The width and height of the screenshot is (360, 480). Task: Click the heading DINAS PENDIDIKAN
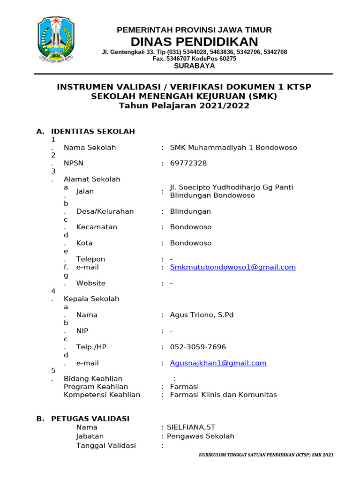pyautogui.click(x=194, y=41)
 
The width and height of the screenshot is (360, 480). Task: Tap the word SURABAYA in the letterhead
pyautogui.click(x=194, y=66)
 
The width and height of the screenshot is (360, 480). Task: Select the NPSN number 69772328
pyautogui.click(x=188, y=163)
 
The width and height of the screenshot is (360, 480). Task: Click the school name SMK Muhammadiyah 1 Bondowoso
pyautogui.click(x=233, y=148)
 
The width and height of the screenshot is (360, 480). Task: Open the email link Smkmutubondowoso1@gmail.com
pyautogui.click(x=232, y=267)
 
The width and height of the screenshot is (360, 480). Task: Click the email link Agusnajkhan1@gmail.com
pyautogui.click(x=218, y=363)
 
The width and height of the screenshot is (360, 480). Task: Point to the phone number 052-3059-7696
pyautogui.click(x=197, y=347)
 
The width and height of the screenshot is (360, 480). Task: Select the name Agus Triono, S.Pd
pyautogui.click(x=202, y=315)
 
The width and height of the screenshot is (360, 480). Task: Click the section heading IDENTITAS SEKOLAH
pyautogui.click(x=93, y=131)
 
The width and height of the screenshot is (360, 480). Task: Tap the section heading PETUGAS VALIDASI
pyautogui.click(x=90, y=419)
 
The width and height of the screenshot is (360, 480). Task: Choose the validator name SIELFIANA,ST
pyautogui.click(x=187, y=427)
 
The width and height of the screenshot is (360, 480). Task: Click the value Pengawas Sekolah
pyautogui.click(x=197, y=436)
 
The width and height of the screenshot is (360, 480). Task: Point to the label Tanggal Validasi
pyautogui.click(x=106, y=445)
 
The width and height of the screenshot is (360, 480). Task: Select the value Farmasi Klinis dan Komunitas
pyautogui.click(x=223, y=395)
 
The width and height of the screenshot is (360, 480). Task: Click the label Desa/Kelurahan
pyautogui.click(x=105, y=211)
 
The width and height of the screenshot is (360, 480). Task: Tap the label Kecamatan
pyautogui.click(x=97, y=227)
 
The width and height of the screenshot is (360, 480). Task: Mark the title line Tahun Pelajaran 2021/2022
pyautogui.click(x=184, y=106)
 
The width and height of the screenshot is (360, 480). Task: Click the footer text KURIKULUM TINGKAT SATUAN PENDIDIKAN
pyautogui.click(x=266, y=455)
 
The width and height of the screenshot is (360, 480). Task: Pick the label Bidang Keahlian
pyautogui.click(x=93, y=378)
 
